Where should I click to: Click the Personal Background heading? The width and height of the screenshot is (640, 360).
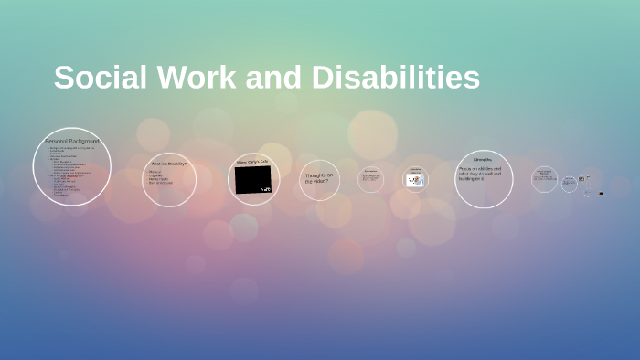click(71, 143)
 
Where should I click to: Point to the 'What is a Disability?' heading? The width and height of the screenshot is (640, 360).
click(169, 164)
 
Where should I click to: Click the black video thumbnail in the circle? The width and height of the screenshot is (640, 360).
click(252, 180)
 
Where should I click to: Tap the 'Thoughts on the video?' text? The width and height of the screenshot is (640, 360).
click(318, 177)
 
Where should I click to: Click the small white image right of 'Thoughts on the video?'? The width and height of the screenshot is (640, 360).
click(414, 181)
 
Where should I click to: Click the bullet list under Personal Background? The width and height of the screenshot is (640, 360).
click(68, 174)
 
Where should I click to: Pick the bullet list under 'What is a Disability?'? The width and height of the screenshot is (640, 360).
click(159, 179)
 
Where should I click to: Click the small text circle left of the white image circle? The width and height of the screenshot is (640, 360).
click(370, 179)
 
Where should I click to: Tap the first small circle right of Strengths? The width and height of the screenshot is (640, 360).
click(544, 179)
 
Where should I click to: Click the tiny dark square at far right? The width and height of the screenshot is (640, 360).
click(601, 194)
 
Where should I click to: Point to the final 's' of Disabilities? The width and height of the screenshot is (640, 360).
click(472, 80)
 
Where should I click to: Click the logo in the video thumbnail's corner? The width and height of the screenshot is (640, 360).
click(265, 189)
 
